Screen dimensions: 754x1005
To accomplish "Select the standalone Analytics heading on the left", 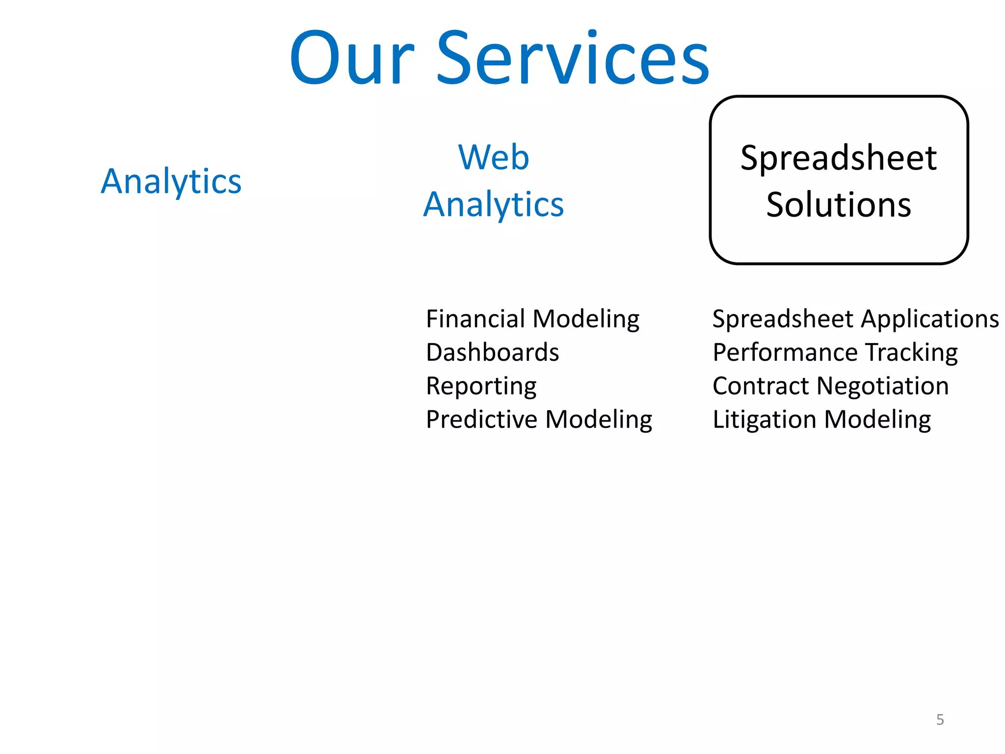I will click(171, 182).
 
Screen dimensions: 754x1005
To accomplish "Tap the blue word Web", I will click(494, 158).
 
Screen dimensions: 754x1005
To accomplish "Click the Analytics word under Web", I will click(494, 204).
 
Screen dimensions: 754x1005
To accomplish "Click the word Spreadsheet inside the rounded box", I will click(839, 159).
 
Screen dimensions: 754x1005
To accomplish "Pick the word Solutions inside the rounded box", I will click(839, 205).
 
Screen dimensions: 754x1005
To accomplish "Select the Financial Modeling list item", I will click(532, 319).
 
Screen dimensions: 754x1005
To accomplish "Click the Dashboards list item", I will click(492, 352).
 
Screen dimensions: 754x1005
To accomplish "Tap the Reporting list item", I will click(481, 386).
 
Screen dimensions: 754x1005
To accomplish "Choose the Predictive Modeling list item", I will click(539, 420).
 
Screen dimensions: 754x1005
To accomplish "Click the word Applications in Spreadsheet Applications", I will click(930, 319).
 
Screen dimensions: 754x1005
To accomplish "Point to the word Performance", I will click(785, 352).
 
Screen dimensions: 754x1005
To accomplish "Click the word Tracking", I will click(911, 352).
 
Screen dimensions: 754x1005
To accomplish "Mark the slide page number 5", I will click(940, 720).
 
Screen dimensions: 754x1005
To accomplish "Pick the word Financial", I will click(476, 319).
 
